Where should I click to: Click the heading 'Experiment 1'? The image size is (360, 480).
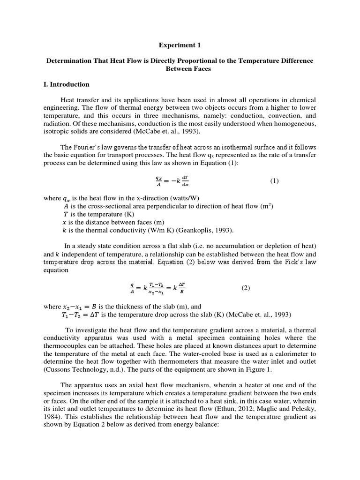pos(180,45)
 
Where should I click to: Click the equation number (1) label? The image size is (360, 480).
pos(274,181)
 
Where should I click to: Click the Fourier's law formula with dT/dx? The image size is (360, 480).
pos(179,181)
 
